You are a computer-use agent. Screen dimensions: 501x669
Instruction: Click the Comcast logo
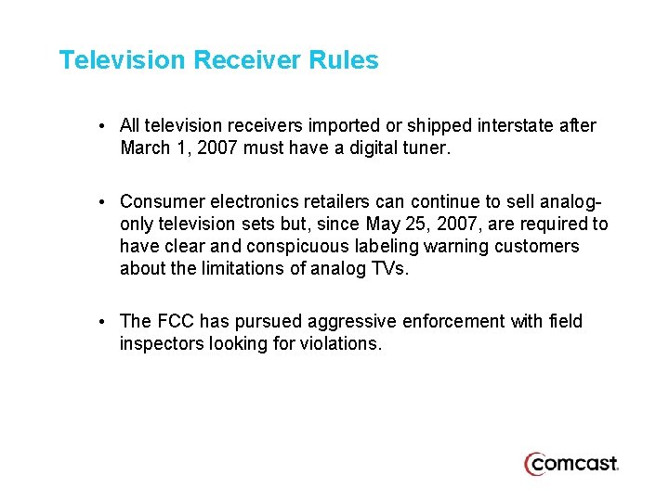(571, 463)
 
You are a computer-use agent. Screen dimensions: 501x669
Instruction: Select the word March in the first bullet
(145, 147)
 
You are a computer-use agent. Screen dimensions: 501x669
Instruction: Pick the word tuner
(425, 147)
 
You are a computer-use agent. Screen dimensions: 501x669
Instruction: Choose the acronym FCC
(175, 321)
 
